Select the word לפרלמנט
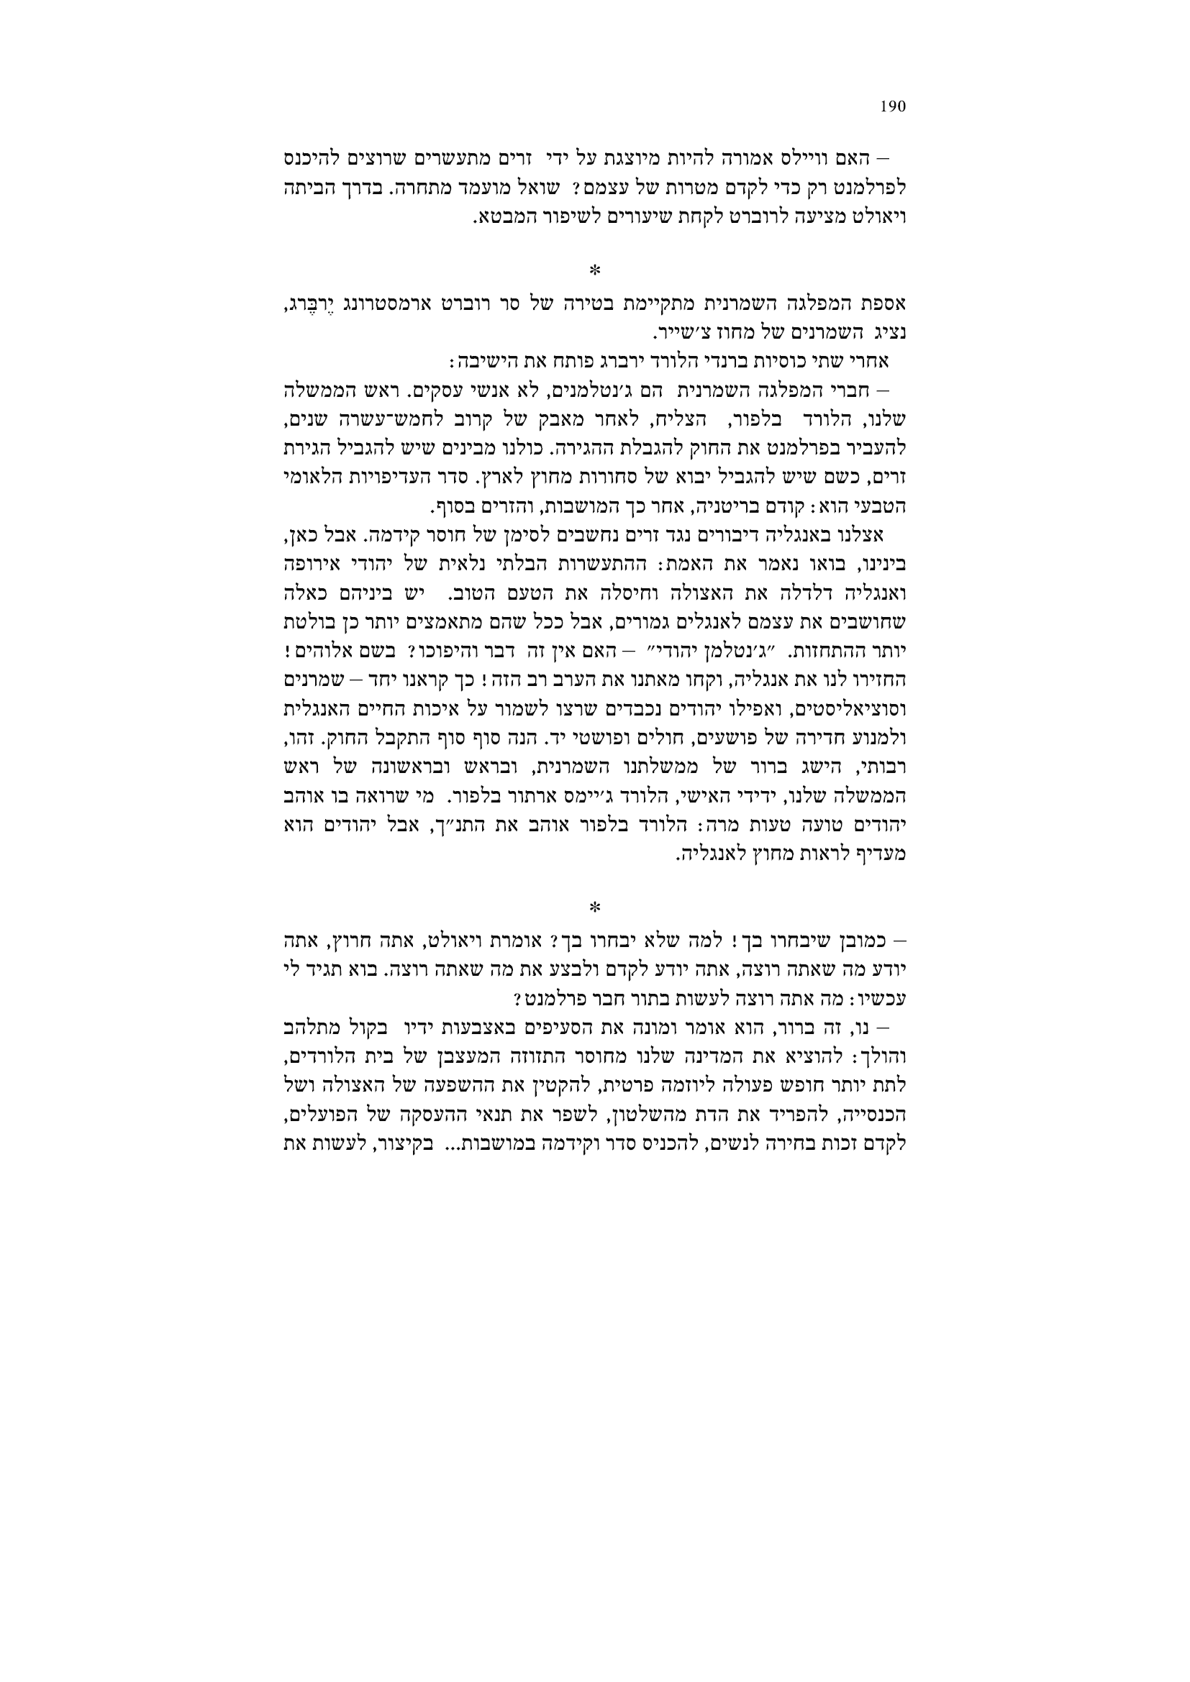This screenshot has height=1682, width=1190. [x=876, y=188]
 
